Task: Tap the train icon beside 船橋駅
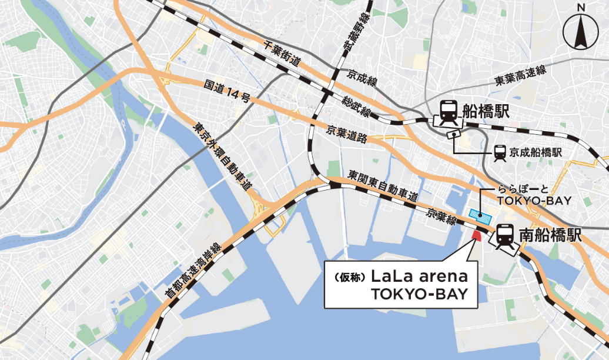coord(449,111)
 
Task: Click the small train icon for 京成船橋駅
coord(500,152)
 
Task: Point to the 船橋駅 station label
coord(486,111)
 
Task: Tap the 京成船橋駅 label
coord(536,152)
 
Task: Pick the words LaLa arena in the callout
coord(419,276)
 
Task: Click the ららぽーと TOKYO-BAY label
coord(534,195)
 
